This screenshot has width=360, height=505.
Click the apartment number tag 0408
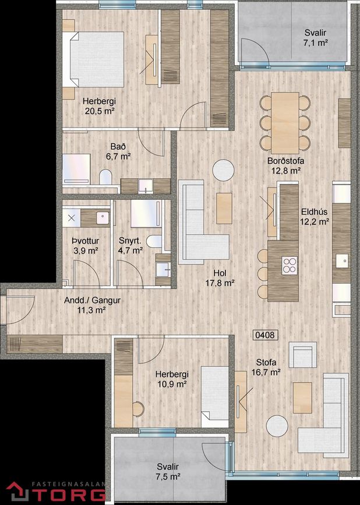[265, 335]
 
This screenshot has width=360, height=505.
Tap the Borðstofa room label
[285, 161]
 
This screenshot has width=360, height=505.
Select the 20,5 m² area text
[100, 111]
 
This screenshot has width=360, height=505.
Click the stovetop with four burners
[290, 266]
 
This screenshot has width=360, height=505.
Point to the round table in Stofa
[277, 426]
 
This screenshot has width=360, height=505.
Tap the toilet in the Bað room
[105, 177]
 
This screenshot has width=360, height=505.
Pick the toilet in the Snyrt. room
[154, 241]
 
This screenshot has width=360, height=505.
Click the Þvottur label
[85, 241]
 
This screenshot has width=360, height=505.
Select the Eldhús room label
[315, 211]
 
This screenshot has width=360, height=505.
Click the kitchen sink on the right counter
[342, 260]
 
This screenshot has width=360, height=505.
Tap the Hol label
[220, 273]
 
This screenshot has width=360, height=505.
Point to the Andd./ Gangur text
[92, 301]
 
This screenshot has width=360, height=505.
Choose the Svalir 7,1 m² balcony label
[316, 37]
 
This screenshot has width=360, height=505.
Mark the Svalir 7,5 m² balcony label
[168, 471]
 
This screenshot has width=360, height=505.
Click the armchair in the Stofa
[303, 355]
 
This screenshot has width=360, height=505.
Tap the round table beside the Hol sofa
[223, 170]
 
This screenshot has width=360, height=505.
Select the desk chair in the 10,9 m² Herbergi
[138, 409]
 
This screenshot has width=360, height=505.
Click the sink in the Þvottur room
[103, 217]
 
